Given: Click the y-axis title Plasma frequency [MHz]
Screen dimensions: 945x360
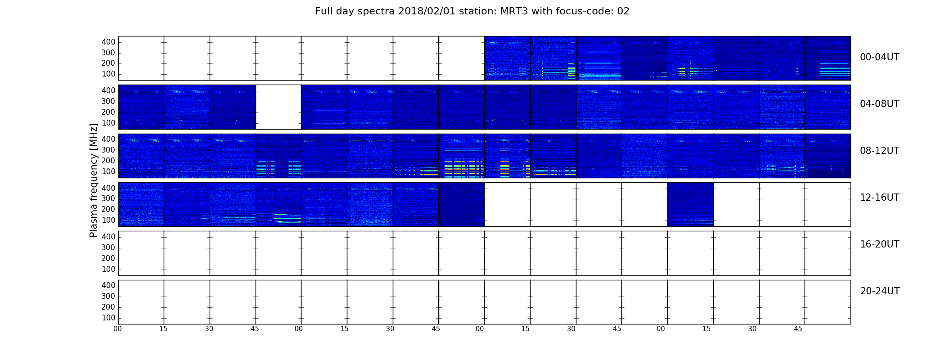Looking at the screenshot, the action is click(94, 180).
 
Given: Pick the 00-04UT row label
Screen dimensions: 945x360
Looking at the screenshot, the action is click(880, 57).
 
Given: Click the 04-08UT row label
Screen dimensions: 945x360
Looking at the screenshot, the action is click(880, 104).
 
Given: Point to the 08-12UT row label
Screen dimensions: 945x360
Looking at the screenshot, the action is click(880, 151).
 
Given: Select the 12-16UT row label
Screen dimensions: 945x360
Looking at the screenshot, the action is click(880, 198).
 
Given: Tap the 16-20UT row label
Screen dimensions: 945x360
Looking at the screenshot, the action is click(880, 244).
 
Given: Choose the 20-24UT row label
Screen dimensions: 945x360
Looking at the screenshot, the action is click(880, 291).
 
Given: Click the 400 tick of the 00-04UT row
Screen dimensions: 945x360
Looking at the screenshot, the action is click(108, 42).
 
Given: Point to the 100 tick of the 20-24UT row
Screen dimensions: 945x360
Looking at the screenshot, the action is click(108, 318).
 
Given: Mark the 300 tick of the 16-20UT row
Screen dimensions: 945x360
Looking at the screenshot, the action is click(108, 247).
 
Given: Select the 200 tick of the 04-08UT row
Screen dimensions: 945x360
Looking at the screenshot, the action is click(108, 112).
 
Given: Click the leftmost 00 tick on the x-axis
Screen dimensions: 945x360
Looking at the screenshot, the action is click(118, 329).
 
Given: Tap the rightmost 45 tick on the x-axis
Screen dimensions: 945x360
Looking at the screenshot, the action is click(798, 329).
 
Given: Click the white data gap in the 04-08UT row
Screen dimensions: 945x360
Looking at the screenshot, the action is click(279, 107).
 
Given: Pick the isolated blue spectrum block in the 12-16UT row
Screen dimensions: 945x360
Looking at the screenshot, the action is click(690, 204).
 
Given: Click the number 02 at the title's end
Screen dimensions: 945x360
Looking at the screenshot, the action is click(623, 11).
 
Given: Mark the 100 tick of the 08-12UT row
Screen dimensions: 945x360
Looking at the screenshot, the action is click(108, 171).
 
